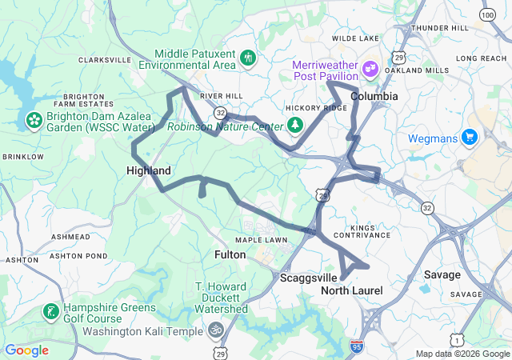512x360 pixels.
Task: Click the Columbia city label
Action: [x=374, y=96]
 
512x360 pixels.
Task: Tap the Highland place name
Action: [x=149, y=171]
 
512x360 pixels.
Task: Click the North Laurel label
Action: [x=351, y=290]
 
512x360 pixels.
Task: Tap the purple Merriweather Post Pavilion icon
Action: [x=370, y=68]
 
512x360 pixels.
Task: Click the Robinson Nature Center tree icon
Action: [x=295, y=125]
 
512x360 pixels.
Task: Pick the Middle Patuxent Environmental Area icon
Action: [x=249, y=57]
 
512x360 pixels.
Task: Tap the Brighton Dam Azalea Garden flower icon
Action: [x=34, y=120]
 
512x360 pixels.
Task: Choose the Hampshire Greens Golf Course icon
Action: [x=50, y=311]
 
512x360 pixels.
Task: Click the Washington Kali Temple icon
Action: [x=214, y=330]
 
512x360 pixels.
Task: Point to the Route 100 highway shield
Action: [x=487, y=15]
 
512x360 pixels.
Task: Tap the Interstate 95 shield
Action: [x=356, y=346]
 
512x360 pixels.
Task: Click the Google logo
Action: [x=26, y=350]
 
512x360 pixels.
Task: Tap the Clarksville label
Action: [x=104, y=60]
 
